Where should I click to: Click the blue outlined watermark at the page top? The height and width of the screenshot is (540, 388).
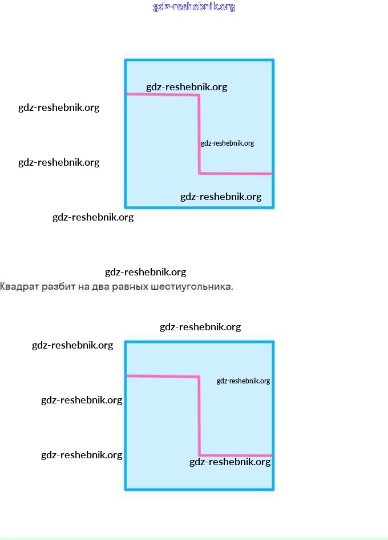click(x=194, y=7)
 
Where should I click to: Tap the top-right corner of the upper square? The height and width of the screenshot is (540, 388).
click(x=273, y=60)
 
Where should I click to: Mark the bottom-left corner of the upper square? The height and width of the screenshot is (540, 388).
click(x=126, y=207)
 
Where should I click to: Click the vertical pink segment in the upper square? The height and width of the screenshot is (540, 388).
click(x=199, y=134)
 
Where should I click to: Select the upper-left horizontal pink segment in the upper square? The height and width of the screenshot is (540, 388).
click(x=163, y=95)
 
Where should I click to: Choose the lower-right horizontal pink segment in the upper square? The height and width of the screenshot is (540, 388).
click(x=236, y=173)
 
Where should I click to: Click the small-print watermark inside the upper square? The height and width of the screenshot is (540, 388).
click(x=227, y=143)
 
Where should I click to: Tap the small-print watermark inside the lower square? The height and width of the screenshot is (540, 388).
click(x=243, y=381)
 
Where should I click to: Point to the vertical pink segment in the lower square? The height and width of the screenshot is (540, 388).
click(x=199, y=415)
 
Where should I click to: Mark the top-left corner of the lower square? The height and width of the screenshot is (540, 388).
click(x=126, y=342)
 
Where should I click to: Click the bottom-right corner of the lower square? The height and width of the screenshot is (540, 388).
click(x=273, y=489)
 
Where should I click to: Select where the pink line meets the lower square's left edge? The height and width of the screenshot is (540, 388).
click(x=126, y=375)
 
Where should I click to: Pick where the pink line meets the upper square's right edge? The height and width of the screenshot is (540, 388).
click(x=273, y=173)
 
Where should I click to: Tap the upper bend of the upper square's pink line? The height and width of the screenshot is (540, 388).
click(x=199, y=95)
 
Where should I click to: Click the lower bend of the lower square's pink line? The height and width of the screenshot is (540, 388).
click(x=199, y=455)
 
